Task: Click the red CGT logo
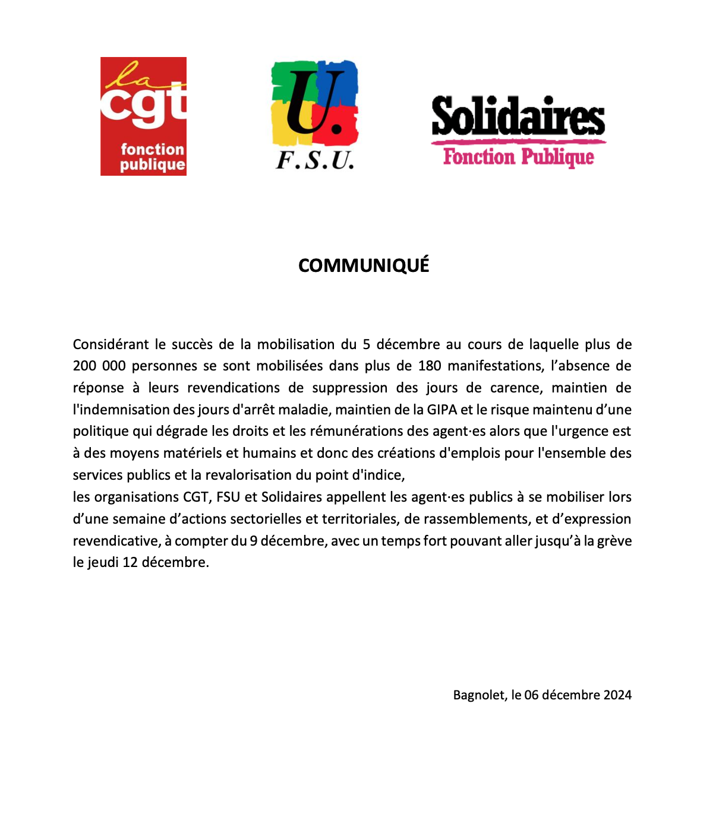pos(143,116)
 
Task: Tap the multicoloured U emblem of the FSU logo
pos(314,102)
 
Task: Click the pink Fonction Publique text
pos(518,157)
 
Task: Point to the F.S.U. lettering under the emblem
pos(315,160)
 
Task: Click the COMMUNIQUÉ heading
pos(364,265)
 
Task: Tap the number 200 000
pos(99,366)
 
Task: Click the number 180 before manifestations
pos(429,366)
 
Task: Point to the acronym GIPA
pos(442,410)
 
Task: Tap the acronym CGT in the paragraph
pos(193,497)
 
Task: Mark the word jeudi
pos(103,562)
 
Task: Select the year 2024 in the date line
pos(617,695)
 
